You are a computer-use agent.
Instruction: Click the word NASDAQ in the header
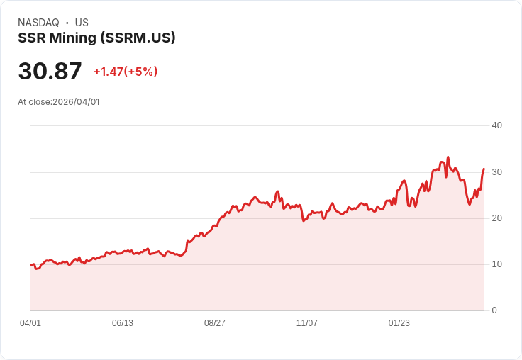[x=38, y=23]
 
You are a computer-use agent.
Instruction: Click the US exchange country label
[x=82, y=23]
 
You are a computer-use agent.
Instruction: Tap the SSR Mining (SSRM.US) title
[x=96, y=38]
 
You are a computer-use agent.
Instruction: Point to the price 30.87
[x=50, y=72]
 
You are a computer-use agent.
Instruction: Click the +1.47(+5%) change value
[x=126, y=72]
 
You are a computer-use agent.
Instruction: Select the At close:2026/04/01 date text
[x=59, y=102]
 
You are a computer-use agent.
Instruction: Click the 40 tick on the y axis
[x=497, y=125]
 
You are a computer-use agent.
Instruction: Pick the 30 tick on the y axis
[x=497, y=172]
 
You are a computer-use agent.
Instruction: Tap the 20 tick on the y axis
[x=497, y=218]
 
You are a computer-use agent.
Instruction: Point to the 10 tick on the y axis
[x=497, y=264]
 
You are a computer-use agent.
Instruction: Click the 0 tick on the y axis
[x=494, y=310]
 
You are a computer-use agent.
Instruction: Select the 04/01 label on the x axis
[x=30, y=323]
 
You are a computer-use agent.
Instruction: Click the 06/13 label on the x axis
[x=123, y=323]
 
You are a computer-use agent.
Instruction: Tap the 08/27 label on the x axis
[x=215, y=323]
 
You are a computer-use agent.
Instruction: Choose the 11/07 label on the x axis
[x=307, y=323]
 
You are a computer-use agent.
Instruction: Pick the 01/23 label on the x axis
[x=399, y=323]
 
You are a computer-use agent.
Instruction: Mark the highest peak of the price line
[x=448, y=157]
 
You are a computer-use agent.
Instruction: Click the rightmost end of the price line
[x=484, y=169]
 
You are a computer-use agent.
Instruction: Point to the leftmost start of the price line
[x=31, y=264]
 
